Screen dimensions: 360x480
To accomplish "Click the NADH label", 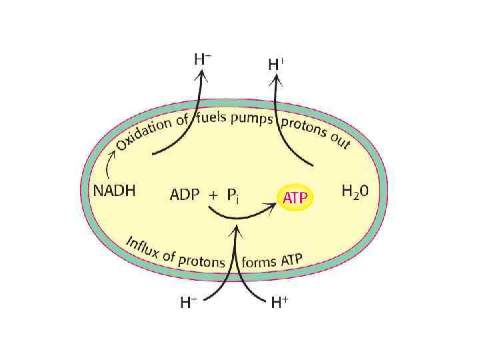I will tap(114, 191).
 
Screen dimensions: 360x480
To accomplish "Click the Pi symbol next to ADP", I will tap(233, 196).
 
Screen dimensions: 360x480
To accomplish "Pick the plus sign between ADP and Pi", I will tap(213, 196).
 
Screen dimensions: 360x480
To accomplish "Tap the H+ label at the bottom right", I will tap(279, 303).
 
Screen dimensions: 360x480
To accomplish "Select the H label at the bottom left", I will tap(188, 303).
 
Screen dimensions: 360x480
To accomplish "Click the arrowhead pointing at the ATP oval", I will tap(273, 207).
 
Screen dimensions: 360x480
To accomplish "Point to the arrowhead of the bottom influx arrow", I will tap(235, 230).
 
